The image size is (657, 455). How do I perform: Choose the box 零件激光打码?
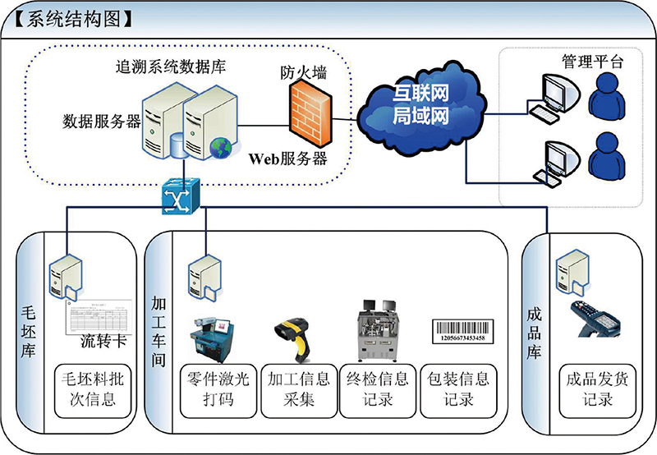click(218, 390)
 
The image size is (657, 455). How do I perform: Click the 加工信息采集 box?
click(299, 390)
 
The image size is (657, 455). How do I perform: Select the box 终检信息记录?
click(378, 390)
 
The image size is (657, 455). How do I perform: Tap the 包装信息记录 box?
click(458, 390)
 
